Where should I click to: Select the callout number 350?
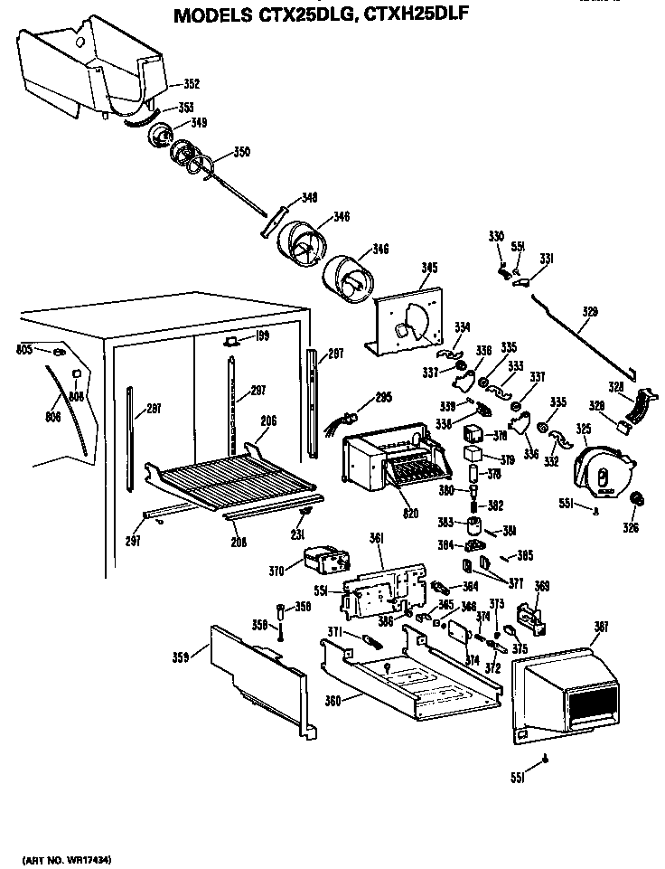(241, 152)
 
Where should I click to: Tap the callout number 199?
(263, 336)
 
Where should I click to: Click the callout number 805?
(24, 347)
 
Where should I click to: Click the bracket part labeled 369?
(533, 615)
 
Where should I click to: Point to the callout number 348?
(309, 197)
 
